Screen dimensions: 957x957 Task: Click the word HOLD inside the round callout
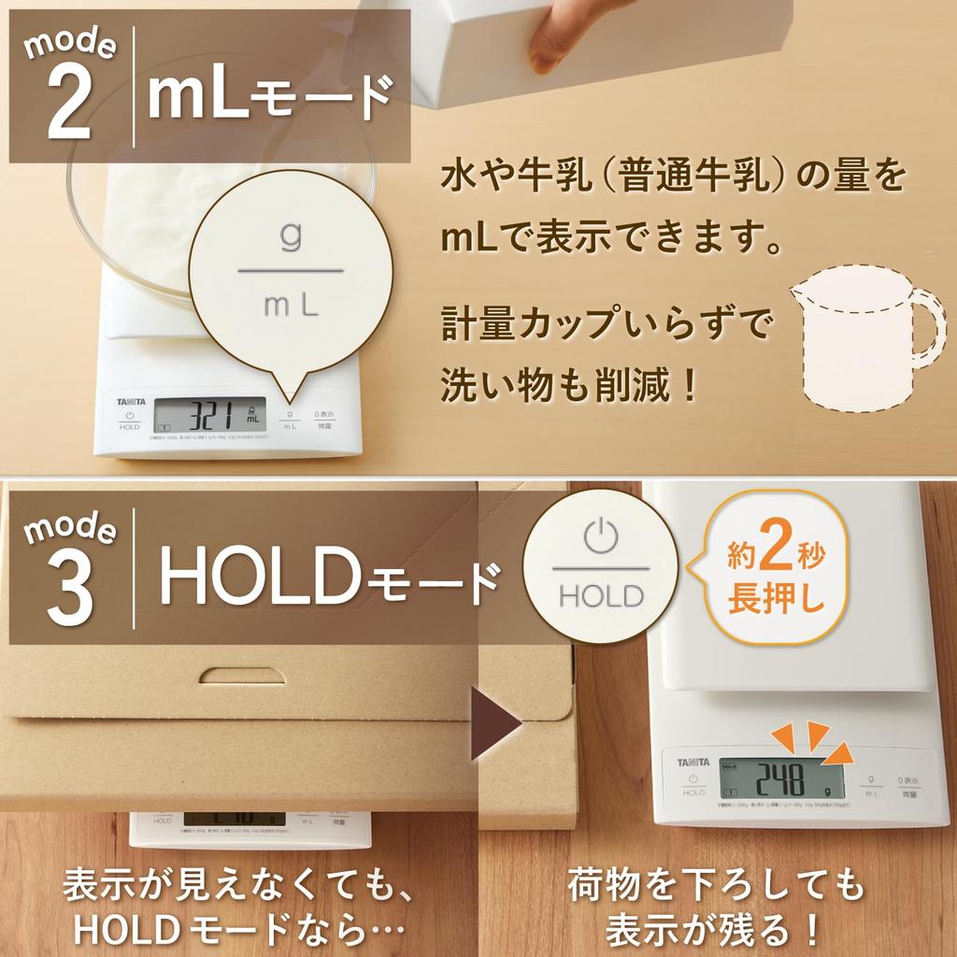pos(601,595)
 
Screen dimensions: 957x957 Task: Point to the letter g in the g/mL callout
pos(292,238)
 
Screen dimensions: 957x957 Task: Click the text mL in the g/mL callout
pos(292,305)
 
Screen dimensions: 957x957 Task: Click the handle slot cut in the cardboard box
pos(243,675)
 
